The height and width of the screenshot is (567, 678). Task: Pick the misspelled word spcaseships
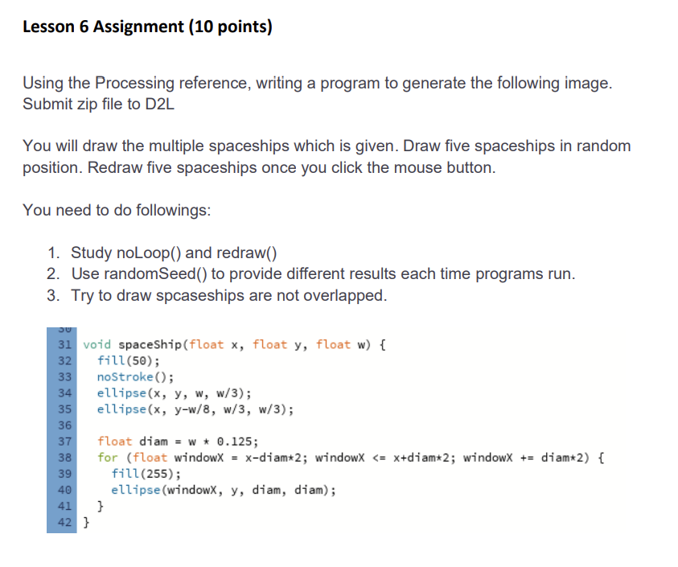point(206,295)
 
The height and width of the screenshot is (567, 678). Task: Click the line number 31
point(65,345)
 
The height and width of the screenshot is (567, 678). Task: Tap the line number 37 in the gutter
point(65,442)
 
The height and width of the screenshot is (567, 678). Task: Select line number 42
point(65,523)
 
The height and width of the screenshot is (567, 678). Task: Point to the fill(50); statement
point(128,360)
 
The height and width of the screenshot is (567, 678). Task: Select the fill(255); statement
point(146,474)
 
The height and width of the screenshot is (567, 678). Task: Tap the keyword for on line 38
point(107,458)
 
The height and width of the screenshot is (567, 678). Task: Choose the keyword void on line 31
point(97,345)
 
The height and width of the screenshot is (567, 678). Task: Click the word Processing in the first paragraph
point(134,83)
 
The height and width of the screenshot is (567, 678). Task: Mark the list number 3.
point(53,295)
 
